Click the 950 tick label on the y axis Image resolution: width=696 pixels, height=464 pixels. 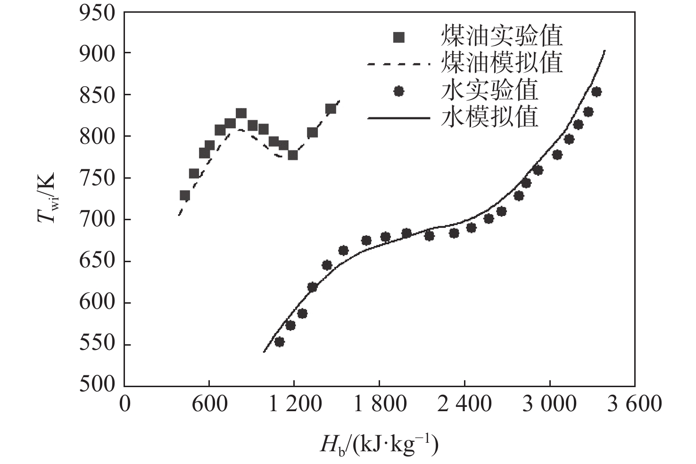97,13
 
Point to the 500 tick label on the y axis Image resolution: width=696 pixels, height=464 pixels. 97,385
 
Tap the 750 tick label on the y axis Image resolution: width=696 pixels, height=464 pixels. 97,178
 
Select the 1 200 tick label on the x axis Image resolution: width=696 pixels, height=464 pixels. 295,405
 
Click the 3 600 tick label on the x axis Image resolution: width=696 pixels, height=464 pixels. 634,405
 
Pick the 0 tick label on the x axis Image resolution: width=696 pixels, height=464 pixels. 124,405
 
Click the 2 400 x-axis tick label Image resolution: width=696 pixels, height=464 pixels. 464,405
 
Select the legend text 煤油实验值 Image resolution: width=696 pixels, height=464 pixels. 502,36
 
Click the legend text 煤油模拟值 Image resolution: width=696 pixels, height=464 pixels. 502,63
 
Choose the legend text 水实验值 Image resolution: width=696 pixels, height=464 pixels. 489,91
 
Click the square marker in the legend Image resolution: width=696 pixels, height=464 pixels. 399,37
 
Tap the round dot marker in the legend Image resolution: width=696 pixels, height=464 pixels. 399,91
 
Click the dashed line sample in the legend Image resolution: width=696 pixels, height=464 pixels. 399,64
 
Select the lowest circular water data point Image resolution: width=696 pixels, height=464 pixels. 279,342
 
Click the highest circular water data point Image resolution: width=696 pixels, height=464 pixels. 597,91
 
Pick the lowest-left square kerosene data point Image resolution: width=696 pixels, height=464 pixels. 185,195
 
